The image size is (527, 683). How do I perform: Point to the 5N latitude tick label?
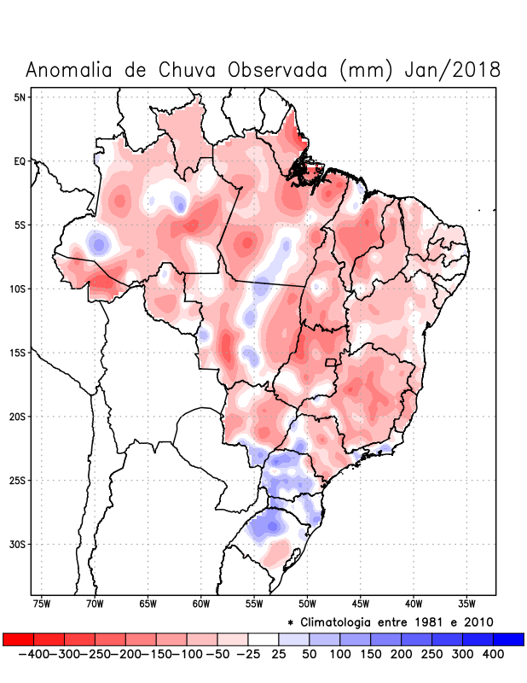(x=20, y=97)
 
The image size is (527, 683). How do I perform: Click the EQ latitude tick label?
(x=20, y=161)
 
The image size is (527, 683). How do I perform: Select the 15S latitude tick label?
(x=18, y=353)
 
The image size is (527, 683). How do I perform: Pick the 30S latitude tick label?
(x=18, y=545)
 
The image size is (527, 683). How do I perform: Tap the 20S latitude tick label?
(x=18, y=417)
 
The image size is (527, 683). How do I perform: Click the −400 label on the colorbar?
(x=33, y=654)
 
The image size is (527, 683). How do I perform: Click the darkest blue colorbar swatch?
(x=508, y=639)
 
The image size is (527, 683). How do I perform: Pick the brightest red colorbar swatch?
(x=18, y=639)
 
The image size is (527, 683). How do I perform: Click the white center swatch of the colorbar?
(x=263, y=639)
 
